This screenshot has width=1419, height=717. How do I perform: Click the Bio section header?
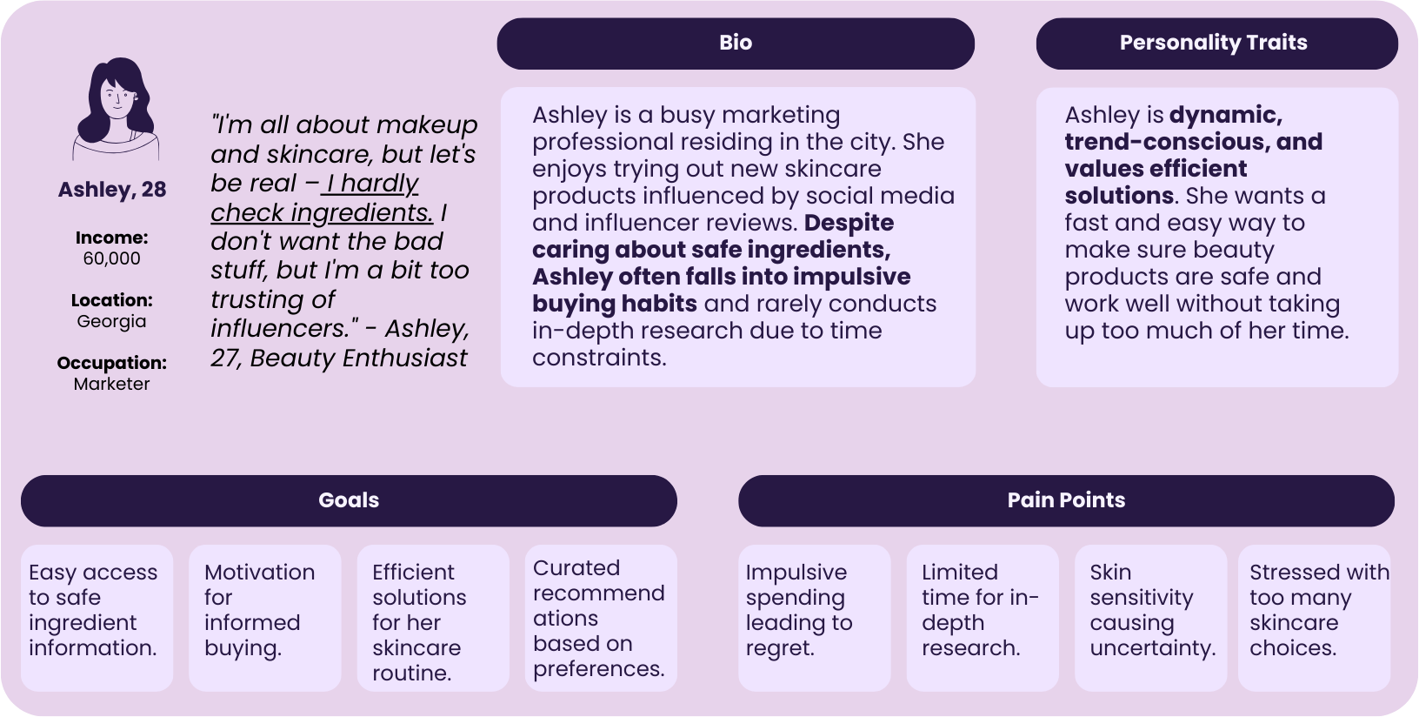pos(736,44)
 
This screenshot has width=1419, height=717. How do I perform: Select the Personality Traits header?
pos(1216,44)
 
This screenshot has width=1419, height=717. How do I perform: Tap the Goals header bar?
pos(349,500)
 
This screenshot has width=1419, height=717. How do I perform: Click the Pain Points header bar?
pos(1066,500)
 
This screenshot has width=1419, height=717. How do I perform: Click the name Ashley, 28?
pos(112,190)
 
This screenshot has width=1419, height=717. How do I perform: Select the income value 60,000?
pos(111,258)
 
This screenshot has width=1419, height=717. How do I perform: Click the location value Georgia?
pos(111,321)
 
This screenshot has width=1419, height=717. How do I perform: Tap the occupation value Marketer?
pos(111,384)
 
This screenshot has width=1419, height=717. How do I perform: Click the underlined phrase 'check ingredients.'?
pos(321,212)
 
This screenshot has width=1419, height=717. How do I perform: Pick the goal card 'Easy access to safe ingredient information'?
pos(97,617)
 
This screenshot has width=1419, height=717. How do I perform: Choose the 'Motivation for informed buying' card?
pos(264,617)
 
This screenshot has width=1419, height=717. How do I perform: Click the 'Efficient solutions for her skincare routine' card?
pos(432,617)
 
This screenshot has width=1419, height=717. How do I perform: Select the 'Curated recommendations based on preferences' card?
pos(601,617)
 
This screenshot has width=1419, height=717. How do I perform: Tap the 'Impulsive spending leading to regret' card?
pos(814,617)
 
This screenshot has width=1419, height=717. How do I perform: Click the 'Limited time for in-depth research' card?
pos(982,617)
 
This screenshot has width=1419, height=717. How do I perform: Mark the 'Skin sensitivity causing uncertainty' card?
pos(1150,617)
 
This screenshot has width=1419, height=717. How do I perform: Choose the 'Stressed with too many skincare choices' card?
pos(1315,617)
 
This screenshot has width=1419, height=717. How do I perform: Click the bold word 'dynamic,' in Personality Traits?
pos(1225,115)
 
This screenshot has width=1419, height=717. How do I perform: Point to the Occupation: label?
pos(111,363)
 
